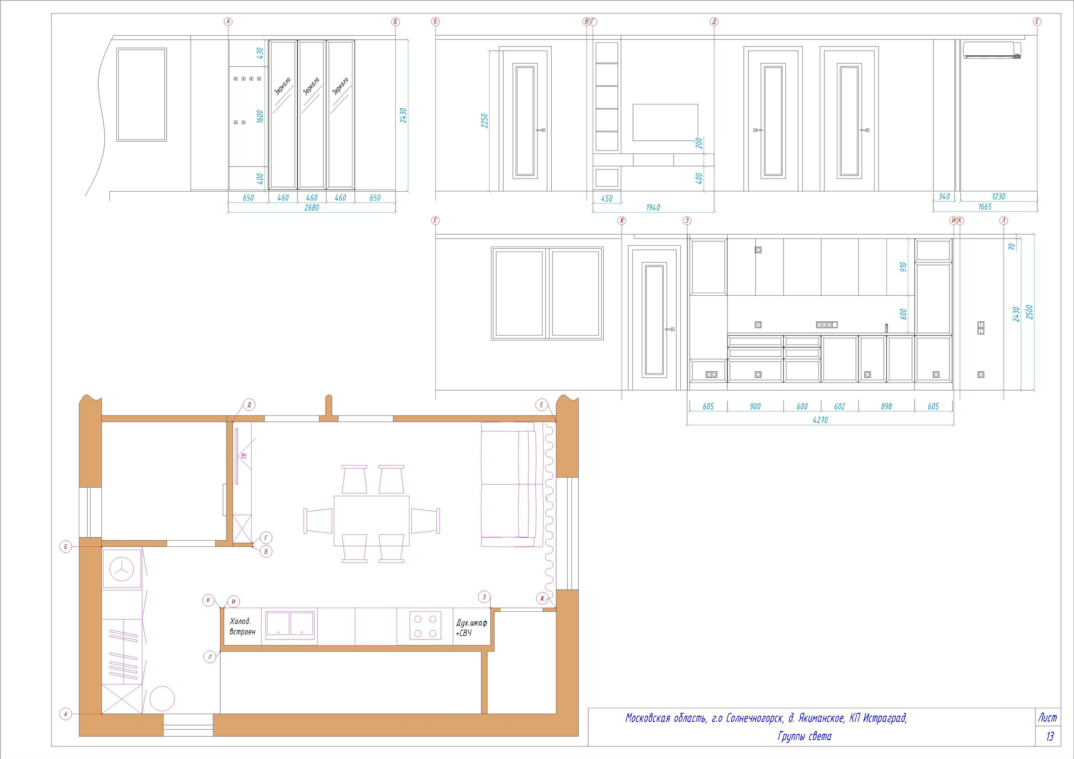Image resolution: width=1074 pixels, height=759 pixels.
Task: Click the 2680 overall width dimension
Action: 312,208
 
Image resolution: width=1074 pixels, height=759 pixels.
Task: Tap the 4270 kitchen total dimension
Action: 820,420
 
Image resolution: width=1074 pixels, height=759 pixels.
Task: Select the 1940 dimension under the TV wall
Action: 653,208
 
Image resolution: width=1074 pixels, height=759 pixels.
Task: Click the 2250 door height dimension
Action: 485,121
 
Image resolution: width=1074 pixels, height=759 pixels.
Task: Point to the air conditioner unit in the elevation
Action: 992,50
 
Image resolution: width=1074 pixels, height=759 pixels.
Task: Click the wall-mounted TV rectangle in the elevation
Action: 665,122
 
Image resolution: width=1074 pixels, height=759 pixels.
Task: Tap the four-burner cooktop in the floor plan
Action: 425,626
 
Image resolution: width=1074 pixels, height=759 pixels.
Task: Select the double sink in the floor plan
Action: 290,625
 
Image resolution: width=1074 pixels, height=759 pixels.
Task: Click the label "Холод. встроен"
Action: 242,626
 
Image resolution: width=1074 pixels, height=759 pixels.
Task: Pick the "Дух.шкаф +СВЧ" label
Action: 471,628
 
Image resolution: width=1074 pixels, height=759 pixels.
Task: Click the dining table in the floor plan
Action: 371,520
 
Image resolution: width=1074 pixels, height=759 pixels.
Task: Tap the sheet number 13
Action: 1050,736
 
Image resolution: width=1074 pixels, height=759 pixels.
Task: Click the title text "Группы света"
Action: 805,736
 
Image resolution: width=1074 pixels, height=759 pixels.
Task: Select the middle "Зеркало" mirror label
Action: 311,86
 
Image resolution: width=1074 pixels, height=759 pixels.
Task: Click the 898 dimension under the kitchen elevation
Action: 886,406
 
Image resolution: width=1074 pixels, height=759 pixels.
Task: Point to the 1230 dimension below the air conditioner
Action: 998,196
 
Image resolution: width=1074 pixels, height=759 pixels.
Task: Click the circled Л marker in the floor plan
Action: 210,657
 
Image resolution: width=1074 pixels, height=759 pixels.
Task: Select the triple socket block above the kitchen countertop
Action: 826,325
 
